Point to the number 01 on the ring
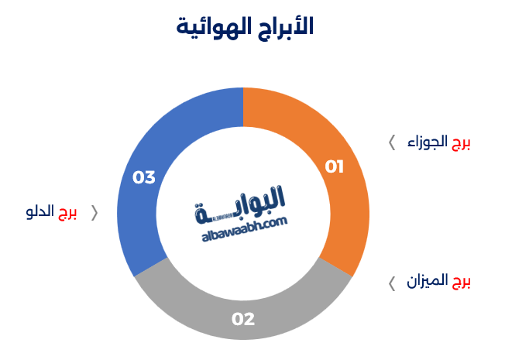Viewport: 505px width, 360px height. (x=334, y=166)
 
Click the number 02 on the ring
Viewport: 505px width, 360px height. (x=242, y=319)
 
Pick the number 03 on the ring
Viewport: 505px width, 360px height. (x=144, y=177)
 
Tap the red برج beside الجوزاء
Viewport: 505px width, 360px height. (x=461, y=142)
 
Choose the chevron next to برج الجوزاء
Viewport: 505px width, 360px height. (x=392, y=142)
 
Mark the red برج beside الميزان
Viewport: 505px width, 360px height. (x=461, y=281)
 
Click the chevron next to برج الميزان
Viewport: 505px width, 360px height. (x=392, y=282)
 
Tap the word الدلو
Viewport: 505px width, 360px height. (x=40, y=213)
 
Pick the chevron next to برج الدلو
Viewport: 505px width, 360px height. (x=94, y=213)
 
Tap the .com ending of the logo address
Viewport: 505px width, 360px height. (x=274, y=221)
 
